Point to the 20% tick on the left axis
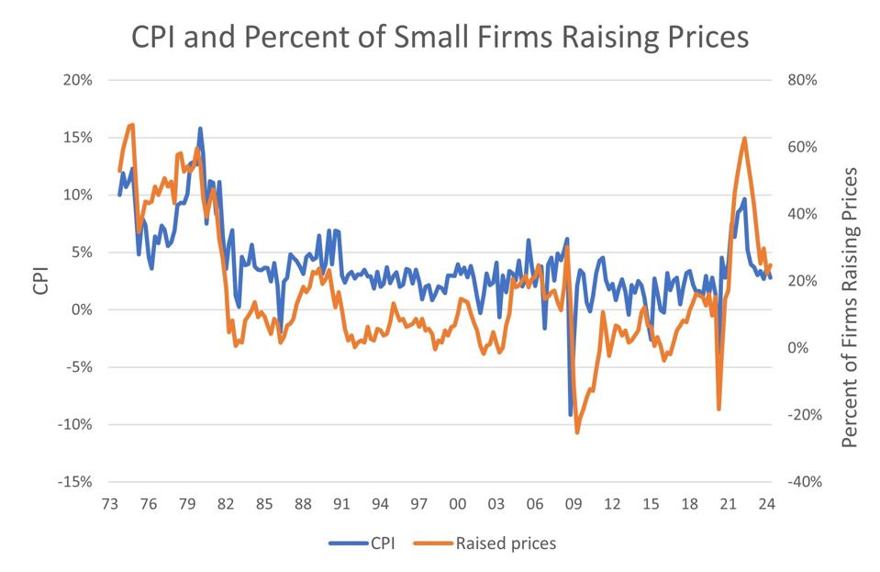78,80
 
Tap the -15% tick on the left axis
76,482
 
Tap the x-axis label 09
574,504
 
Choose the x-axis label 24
766,504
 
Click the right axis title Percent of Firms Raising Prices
850,308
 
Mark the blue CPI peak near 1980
200,129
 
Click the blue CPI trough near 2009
571,415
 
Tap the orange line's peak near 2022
744,139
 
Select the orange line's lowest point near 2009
577,432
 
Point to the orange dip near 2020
718,409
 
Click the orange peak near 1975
132,125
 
